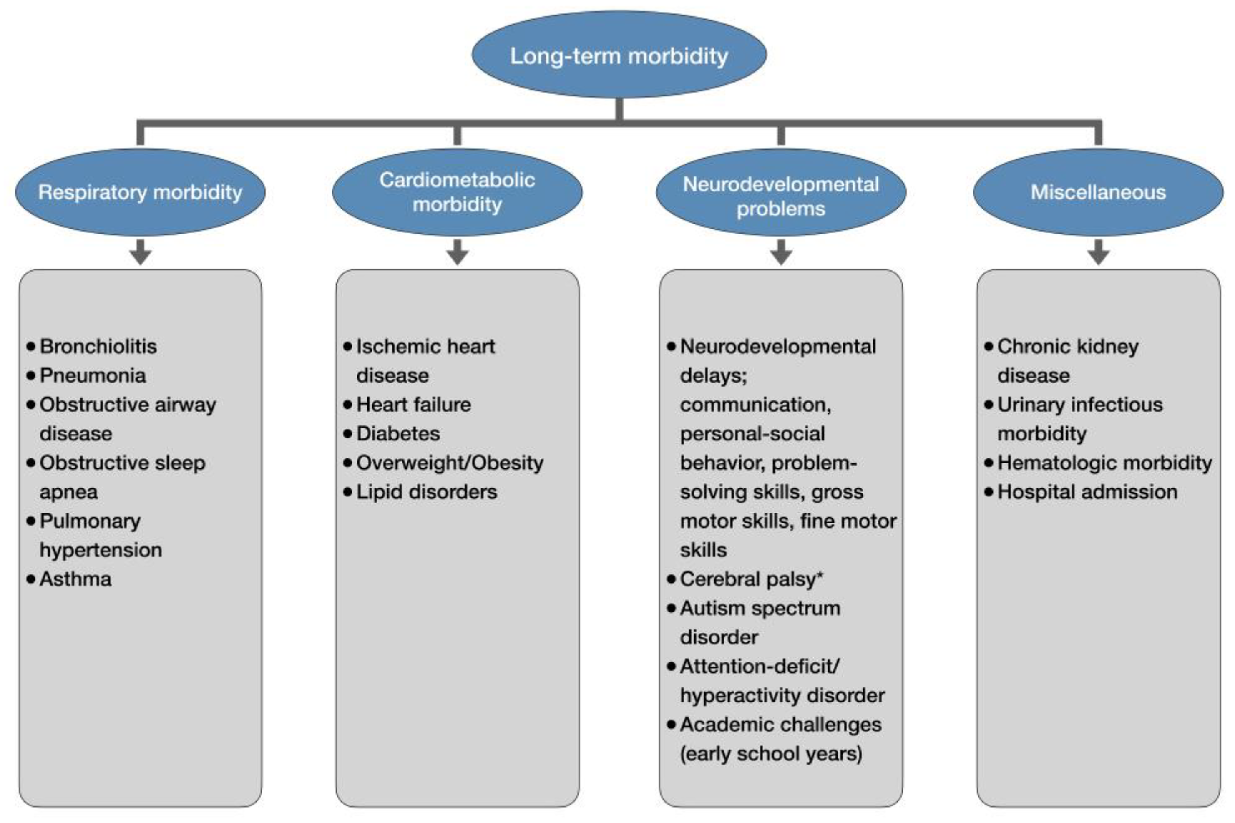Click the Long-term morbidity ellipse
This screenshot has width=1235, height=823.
coord(619,55)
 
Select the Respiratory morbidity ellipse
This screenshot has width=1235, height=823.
coord(140,192)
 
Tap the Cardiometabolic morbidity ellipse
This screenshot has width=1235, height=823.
coord(457,192)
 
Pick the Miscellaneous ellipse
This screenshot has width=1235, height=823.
coord(1098,192)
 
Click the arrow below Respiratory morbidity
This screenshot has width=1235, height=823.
coord(140,252)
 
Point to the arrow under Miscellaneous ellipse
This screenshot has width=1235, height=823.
coord(1098,252)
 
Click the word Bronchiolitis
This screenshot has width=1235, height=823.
coord(98,346)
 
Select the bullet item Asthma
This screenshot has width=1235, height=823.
coord(75,579)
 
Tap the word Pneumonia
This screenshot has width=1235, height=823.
coord(93,376)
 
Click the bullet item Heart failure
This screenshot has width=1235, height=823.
coord(414,405)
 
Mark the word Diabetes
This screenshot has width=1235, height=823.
coord(398,433)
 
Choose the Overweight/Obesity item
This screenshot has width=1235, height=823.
coord(450,463)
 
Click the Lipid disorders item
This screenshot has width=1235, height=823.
coord(426,492)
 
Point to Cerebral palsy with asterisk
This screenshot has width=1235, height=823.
coord(751,579)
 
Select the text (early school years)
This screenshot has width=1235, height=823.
coord(770,754)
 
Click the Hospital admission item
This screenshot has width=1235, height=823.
coord(1087,492)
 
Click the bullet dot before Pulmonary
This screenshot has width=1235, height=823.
coord(31,521)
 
